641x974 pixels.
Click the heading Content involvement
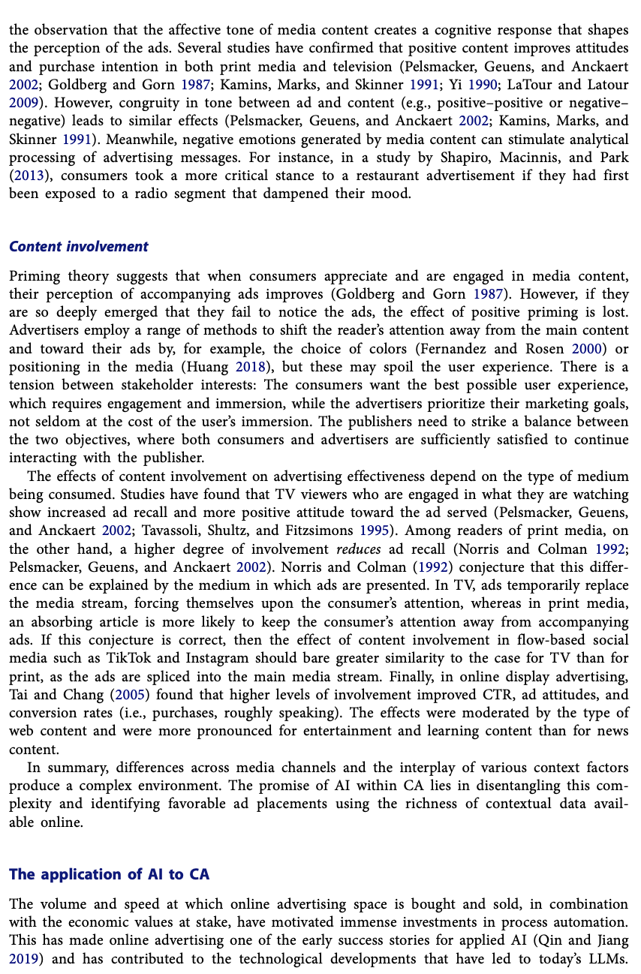79,247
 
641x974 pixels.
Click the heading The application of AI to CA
109,874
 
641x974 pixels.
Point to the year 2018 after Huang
251,367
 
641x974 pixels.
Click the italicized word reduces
359,549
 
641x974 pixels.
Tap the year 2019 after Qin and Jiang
23,958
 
